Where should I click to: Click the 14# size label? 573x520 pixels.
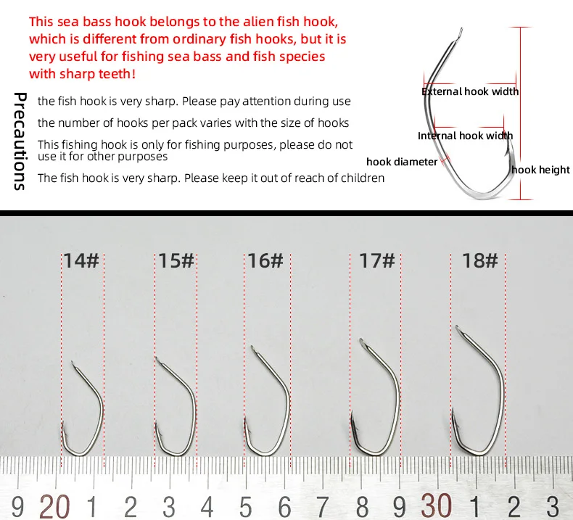pyautogui.click(x=81, y=260)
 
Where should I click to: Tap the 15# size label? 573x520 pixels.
pyautogui.click(x=176, y=260)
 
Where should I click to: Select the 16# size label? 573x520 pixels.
pyautogui.click(x=265, y=260)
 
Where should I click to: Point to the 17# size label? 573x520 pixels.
pyautogui.click(x=376, y=260)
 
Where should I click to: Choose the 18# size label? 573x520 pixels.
pyautogui.click(x=480, y=260)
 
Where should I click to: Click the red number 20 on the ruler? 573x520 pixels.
pyautogui.click(x=54, y=506)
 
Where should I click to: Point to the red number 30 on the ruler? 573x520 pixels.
pyautogui.click(x=437, y=506)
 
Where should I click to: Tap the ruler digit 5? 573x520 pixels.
pyautogui.click(x=246, y=507)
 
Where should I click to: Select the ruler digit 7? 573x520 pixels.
pyautogui.click(x=322, y=507)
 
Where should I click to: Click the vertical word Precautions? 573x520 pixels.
pyautogui.click(x=20, y=141)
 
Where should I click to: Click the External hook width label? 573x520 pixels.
pyautogui.click(x=470, y=91)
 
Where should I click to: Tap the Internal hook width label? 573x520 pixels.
pyautogui.click(x=465, y=136)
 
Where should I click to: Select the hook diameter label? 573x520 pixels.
pyautogui.click(x=402, y=162)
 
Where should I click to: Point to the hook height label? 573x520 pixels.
pyautogui.click(x=540, y=170)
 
